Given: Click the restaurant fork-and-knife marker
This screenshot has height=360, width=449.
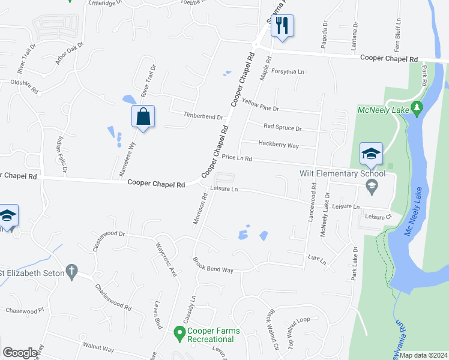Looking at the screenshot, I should [282, 26].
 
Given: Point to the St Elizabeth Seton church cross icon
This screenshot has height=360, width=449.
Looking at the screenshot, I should [71, 271].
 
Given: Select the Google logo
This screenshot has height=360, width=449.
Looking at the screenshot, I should [20, 353].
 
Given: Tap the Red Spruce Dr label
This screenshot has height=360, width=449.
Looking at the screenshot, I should [282, 128].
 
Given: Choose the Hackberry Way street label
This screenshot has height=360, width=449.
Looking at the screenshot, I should [278, 145].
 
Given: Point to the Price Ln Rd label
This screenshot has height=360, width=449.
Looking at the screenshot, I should [237, 158].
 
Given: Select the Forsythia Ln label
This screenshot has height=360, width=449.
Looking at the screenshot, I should [288, 71].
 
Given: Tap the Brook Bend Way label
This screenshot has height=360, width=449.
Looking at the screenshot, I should [212, 265].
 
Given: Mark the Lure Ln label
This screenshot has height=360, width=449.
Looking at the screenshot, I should [316, 259].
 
